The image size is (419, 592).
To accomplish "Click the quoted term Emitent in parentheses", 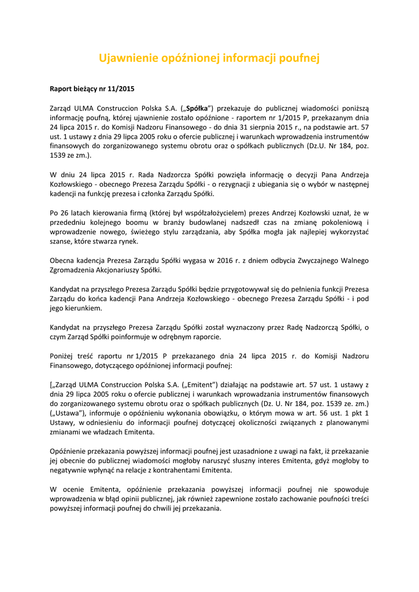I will (200, 384).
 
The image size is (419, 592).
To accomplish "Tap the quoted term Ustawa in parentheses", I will (69, 413).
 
